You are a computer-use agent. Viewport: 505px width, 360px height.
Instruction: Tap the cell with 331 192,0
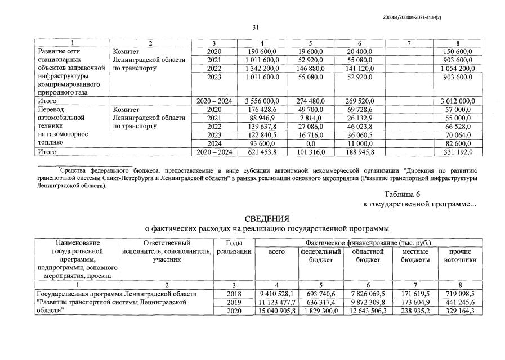pos(458,152)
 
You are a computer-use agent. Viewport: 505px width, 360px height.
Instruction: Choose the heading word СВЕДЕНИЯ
pos(267,218)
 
